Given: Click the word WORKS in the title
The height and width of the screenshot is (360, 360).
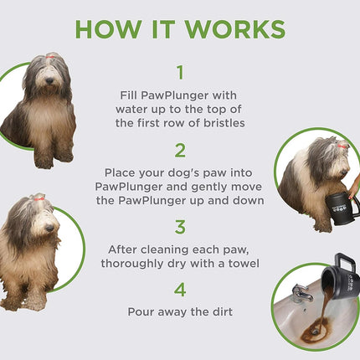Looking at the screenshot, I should point(236,27).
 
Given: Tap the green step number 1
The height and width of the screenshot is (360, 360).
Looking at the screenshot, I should point(179,73).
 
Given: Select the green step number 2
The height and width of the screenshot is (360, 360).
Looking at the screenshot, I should point(179,150).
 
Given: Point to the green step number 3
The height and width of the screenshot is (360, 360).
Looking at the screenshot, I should point(179,226).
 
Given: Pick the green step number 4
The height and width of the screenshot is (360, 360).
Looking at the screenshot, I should point(179,290).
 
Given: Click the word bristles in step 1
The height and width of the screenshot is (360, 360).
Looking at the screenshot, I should point(219,123).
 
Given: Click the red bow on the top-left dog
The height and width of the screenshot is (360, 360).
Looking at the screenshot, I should point(52,57).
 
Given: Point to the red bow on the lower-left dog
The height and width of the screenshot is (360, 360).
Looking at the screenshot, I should point(37,198).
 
